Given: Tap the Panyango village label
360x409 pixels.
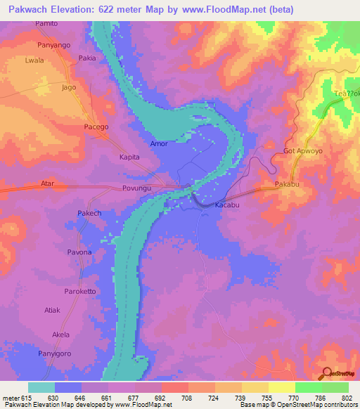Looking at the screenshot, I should coord(55,44).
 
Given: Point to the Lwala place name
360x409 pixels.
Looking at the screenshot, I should coord(34,60).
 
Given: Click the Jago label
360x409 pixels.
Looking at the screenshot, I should coord(69,88).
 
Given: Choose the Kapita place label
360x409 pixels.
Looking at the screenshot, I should coord(131,158).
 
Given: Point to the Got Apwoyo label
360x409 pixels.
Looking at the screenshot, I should coord(302,151).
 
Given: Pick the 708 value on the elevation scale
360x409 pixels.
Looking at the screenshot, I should coord(187,397).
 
